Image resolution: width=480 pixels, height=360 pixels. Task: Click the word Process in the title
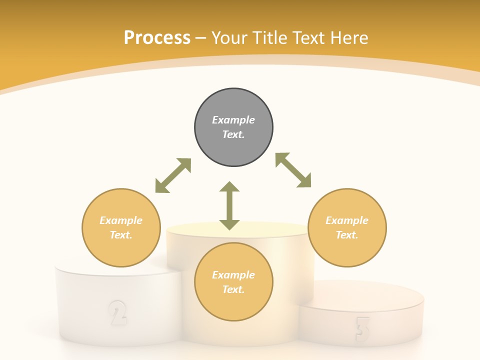(x=157, y=38)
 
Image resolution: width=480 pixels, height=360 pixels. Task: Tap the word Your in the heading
(x=230, y=38)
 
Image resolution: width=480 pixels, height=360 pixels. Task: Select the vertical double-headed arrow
(x=229, y=205)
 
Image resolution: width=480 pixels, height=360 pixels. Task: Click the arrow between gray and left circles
(x=173, y=175)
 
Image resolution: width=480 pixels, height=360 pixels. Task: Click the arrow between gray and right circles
(x=293, y=170)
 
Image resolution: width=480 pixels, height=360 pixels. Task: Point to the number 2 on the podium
(x=117, y=312)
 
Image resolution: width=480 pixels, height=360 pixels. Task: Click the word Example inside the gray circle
(x=233, y=120)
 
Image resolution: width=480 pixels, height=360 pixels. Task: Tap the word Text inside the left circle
(x=121, y=235)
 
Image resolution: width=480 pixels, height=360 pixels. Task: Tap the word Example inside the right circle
(x=347, y=220)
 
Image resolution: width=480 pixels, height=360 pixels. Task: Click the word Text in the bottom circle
(x=233, y=289)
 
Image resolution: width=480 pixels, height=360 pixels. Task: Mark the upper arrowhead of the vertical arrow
(x=229, y=187)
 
